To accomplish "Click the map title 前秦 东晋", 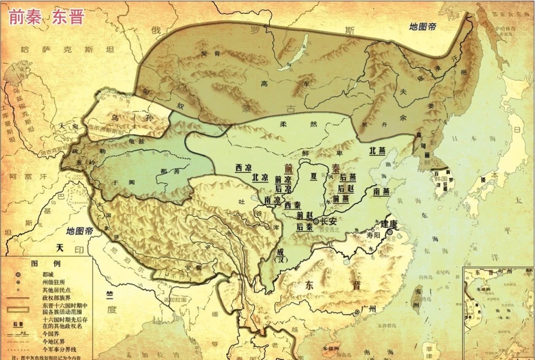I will click(x=47, y=17).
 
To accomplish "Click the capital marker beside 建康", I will click(x=390, y=232).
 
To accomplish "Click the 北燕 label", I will click(x=378, y=150).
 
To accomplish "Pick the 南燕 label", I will click(x=382, y=191).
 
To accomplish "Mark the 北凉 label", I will click(x=260, y=177).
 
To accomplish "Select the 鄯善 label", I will click(x=164, y=172).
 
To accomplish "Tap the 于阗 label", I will click(x=118, y=183).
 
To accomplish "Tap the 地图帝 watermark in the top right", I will click(x=423, y=27).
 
